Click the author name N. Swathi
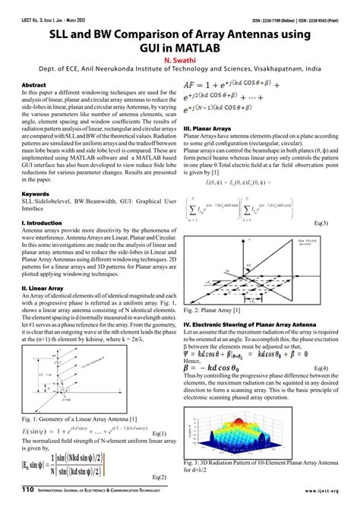pos(180,55)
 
